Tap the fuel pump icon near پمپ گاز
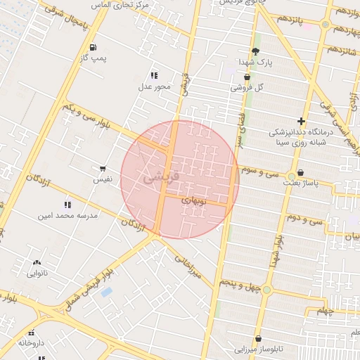click(92, 48)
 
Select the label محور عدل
click(154, 86)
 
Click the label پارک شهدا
click(256, 62)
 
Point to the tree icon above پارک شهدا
click(255, 51)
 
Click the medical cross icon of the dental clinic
click(302, 121)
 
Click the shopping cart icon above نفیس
click(103, 169)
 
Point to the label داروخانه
click(31, 343)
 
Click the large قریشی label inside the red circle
click(161, 176)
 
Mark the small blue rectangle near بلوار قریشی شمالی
click(106, 292)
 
